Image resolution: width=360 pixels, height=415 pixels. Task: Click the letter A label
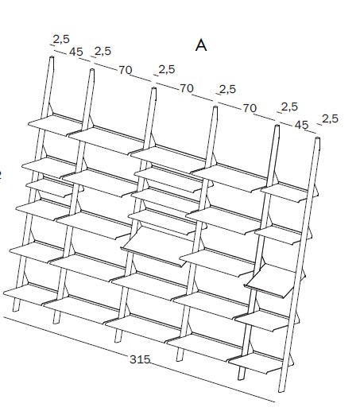click(201, 45)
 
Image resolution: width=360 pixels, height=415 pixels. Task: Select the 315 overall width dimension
click(140, 359)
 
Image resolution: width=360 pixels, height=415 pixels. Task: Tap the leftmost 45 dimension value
click(76, 52)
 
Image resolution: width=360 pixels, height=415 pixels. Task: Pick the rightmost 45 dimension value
click(302, 125)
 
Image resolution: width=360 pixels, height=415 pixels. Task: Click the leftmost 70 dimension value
click(126, 70)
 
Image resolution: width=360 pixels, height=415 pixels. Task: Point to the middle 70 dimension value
click(187, 88)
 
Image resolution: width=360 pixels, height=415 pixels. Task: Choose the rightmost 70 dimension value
click(250, 108)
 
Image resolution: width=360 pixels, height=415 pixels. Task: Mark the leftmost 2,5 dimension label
click(61, 39)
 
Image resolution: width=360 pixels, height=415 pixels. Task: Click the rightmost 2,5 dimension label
click(331, 118)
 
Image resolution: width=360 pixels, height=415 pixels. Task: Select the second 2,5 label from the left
click(103, 51)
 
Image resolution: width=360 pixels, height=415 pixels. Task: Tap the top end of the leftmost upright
click(52, 58)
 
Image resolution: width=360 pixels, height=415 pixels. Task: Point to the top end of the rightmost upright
click(318, 138)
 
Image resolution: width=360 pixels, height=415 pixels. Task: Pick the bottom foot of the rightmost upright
click(282, 389)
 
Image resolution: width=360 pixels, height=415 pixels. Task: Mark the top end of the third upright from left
click(153, 89)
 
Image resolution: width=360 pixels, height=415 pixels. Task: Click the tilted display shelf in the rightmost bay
click(272, 281)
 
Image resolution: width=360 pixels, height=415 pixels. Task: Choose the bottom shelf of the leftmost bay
click(30, 293)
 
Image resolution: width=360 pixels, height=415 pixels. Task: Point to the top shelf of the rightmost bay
click(288, 192)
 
